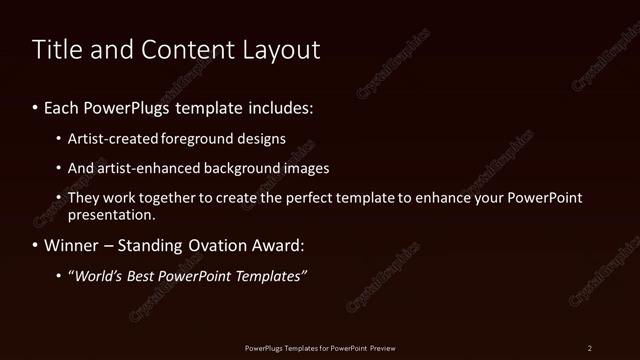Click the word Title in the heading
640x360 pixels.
click(x=55, y=50)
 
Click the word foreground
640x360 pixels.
click(x=206, y=139)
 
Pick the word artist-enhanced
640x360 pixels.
click(x=145, y=169)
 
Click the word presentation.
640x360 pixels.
click(x=111, y=215)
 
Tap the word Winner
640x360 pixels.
click(x=72, y=245)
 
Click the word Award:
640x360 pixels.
click(x=280, y=245)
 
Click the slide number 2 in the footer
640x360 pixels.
click(x=590, y=348)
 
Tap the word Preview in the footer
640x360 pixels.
click(x=382, y=348)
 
